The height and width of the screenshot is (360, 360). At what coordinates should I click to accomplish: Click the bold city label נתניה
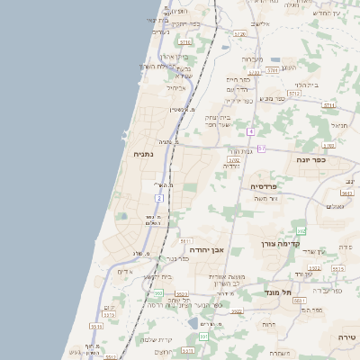tap(143, 155)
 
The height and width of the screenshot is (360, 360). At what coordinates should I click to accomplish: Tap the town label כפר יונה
tap(313, 159)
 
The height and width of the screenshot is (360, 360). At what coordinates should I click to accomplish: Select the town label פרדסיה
tap(265, 186)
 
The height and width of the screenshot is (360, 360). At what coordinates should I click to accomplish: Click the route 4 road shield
tap(249, 131)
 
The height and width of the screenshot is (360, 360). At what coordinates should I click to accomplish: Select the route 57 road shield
tap(261, 148)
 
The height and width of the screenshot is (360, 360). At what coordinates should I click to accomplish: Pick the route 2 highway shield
tap(158, 197)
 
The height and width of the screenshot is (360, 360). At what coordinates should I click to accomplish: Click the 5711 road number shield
tap(328, 104)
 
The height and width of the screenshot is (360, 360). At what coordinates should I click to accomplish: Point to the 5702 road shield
tap(233, 160)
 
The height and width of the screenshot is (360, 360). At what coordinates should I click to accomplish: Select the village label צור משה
tap(265, 198)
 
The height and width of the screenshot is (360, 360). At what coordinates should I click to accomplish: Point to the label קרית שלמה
tap(148, 339)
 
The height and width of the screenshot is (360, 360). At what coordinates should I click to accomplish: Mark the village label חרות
tap(268, 324)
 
